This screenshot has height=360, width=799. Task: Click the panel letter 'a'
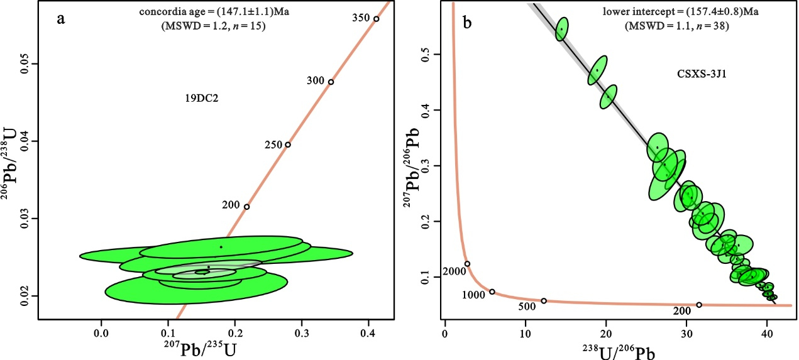coord(60,18)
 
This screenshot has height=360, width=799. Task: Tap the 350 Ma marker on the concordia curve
coord(376,19)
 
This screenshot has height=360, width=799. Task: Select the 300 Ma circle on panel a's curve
coord(331,82)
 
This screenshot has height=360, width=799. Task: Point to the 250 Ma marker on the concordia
coord(288,145)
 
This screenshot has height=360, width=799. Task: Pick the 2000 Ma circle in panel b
coord(467,264)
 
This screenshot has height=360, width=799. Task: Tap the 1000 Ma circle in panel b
coord(492,292)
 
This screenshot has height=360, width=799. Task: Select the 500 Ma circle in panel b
coord(544,301)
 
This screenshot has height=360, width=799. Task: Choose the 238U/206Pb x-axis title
coord(606,350)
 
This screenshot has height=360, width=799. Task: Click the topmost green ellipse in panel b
coord(563,29)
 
